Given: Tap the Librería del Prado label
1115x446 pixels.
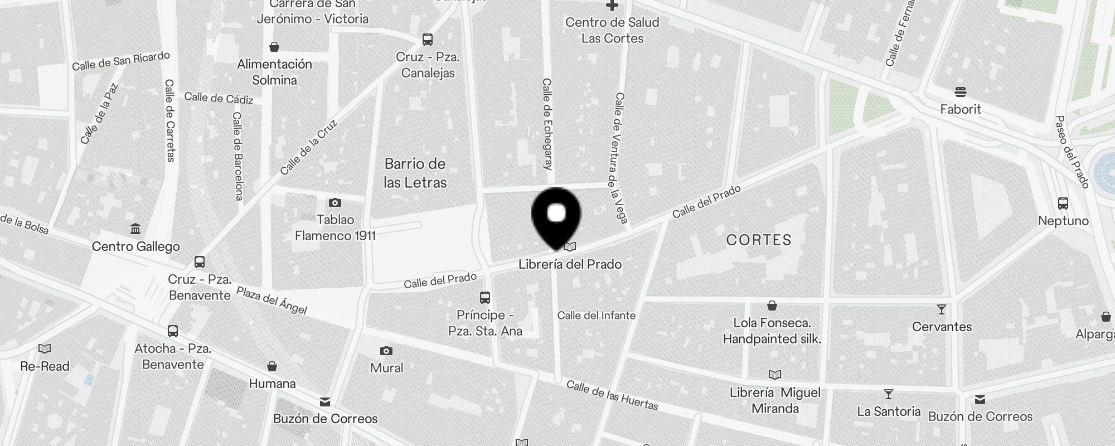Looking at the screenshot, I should click(x=570, y=264).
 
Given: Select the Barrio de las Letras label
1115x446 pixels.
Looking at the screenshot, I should click(x=415, y=173).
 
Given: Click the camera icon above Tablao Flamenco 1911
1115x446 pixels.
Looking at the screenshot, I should click(x=334, y=202).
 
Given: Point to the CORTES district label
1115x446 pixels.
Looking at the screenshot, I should click(x=759, y=240).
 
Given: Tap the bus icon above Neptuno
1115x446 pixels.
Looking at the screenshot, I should click(x=1063, y=203).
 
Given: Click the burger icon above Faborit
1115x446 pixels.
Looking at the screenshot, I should click(x=960, y=92).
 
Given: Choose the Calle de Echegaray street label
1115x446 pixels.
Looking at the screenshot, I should click(x=547, y=124).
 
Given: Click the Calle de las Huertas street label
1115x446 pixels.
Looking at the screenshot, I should click(x=612, y=395).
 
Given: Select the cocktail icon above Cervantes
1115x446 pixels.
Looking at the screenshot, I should click(x=942, y=309).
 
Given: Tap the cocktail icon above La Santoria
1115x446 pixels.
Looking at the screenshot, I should click(x=889, y=394).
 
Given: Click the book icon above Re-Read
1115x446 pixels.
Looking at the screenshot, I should click(x=45, y=349).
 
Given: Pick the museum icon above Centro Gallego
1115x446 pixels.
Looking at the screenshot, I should click(x=135, y=229).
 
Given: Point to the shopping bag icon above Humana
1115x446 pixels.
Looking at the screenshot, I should click(x=272, y=366).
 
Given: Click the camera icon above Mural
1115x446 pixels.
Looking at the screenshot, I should click(x=386, y=351).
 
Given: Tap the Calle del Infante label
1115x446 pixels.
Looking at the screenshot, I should click(x=596, y=316).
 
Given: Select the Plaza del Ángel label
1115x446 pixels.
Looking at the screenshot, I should click(x=272, y=300).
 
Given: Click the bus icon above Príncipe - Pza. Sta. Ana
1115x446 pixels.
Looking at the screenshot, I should click(x=485, y=298).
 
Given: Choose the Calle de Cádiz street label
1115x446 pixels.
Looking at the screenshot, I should click(x=219, y=98).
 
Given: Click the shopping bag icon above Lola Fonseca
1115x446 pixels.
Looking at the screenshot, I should click(x=772, y=306).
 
